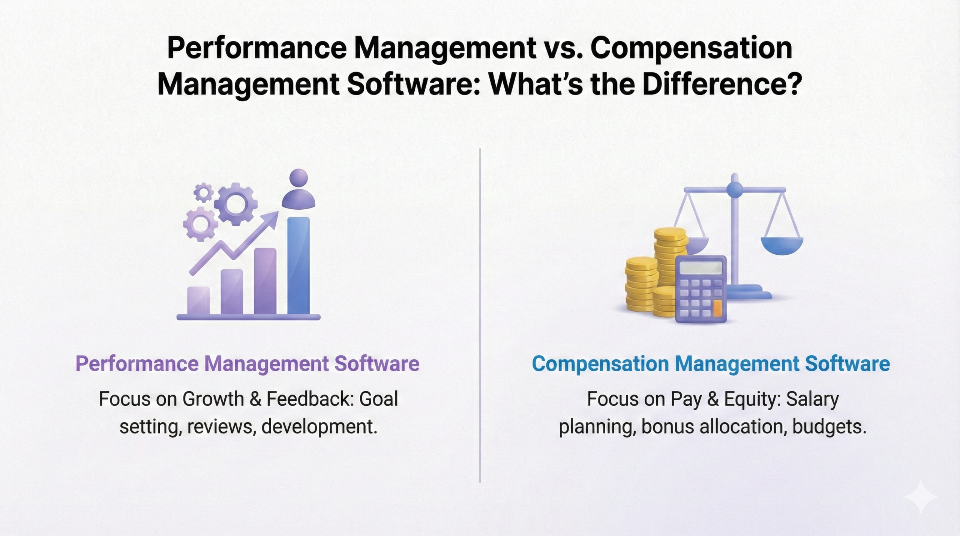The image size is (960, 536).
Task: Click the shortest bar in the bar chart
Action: (x=198, y=300)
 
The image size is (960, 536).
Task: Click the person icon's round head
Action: (x=298, y=177)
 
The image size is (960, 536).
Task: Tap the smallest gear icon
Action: (x=203, y=193)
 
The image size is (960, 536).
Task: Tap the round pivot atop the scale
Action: (x=735, y=189)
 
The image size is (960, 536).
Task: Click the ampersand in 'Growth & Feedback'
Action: (x=255, y=399)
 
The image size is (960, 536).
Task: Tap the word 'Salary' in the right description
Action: (x=812, y=399)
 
